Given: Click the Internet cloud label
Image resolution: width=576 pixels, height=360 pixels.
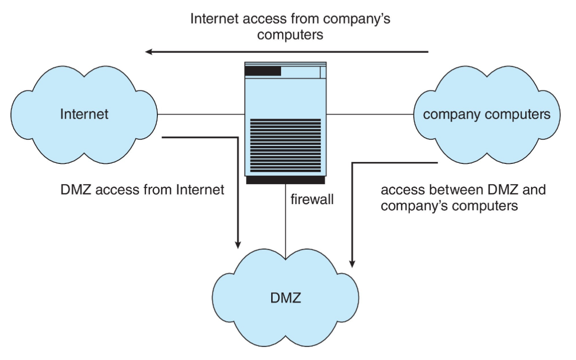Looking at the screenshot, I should (x=84, y=114).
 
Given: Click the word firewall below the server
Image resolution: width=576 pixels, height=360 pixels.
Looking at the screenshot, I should (x=312, y=199).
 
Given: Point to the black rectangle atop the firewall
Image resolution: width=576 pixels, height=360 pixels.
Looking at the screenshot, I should (x=263, y=72).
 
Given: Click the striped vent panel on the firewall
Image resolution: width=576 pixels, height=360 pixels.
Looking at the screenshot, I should (x=285, y=145).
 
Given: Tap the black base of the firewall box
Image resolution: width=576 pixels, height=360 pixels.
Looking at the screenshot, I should (x=285, y=180).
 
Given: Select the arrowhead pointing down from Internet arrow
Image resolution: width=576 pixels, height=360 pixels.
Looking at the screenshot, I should (x=238, y=244).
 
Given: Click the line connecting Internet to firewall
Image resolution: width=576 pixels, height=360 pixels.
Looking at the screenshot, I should (x=201, y=114).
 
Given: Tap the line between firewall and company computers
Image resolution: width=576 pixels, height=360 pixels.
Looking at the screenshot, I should (x=370, y=114).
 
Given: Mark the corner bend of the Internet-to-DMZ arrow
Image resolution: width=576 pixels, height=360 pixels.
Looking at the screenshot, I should (x=238, y=137).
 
